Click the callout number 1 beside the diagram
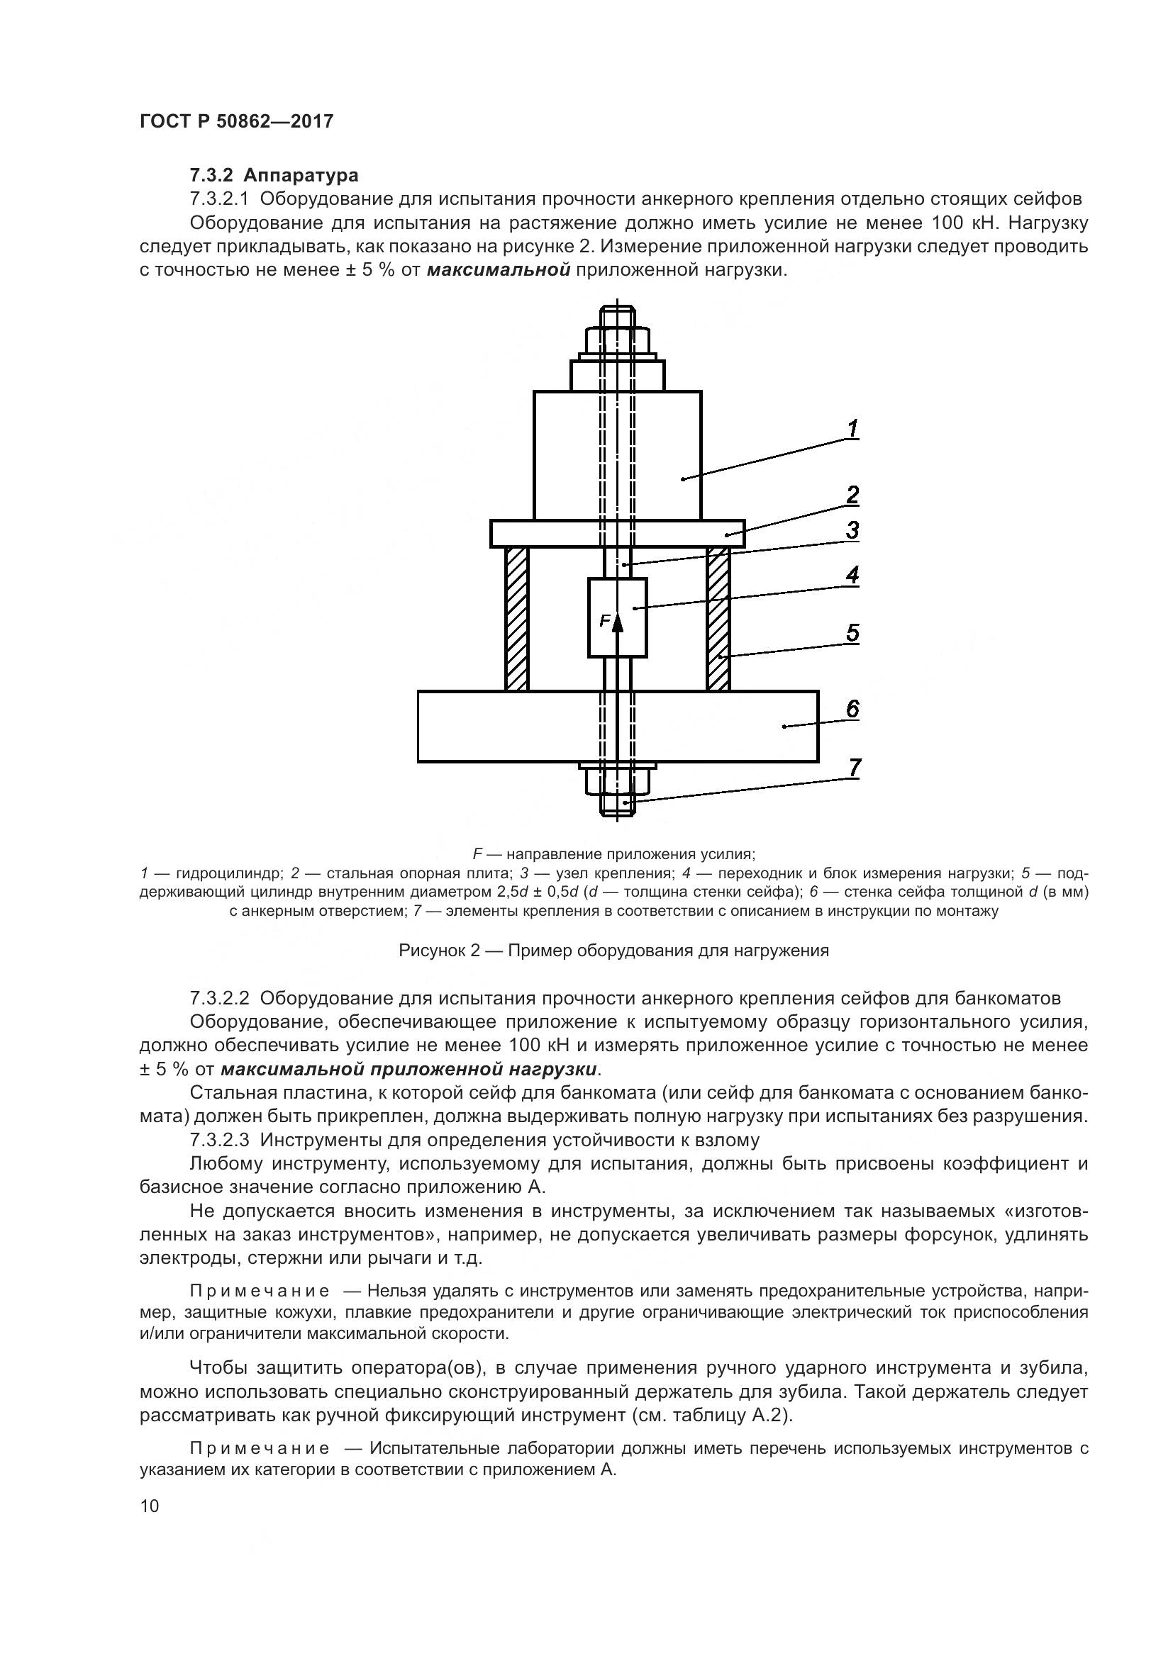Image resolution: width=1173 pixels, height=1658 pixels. click(852, 429)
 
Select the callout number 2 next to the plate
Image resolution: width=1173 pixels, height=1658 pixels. click(852, 495)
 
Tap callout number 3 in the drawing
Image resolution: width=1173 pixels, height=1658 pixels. click(852, 530)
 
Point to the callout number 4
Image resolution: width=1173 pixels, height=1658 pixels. click(852, 575)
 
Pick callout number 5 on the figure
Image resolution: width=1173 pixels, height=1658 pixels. click(852, 633)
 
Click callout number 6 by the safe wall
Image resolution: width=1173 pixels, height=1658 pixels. click(852, 709)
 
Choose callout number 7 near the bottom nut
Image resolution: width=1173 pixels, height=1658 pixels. click(855, 768)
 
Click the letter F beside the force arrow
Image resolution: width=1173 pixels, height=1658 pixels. click(604, 620)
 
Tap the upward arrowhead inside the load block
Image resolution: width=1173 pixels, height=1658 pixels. click(617, 622)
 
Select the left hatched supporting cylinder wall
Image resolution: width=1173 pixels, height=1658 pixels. click(517, 618)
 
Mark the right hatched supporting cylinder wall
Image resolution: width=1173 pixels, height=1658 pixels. click(718, 618)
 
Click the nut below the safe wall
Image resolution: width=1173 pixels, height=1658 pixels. click(618, 780)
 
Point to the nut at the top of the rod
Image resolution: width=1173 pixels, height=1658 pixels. click(618, 341)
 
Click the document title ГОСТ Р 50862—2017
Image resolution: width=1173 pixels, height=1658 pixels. click(236, 121)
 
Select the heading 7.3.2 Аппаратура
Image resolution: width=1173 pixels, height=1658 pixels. click(274, 176)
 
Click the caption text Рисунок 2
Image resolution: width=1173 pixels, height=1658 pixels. click(440, 951)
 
